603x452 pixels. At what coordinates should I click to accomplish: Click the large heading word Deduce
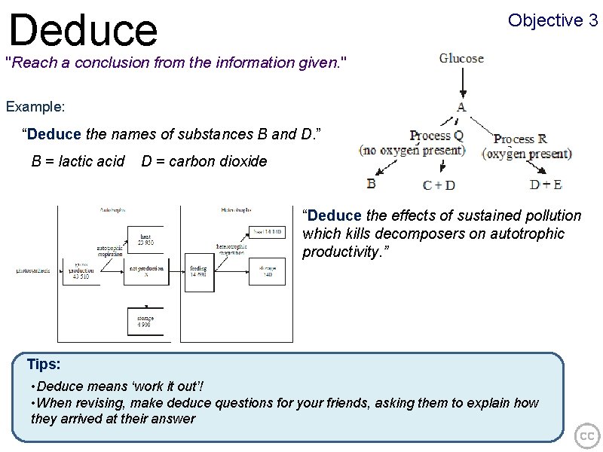(83, 29)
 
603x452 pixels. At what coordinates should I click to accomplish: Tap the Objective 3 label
(552, 20)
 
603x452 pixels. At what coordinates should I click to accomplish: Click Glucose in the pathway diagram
(461, 58)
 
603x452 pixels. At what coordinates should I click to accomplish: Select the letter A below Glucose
(461, 107)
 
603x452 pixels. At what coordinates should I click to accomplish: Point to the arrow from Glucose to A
(461, 83)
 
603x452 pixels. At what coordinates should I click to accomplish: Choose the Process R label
(519, 139)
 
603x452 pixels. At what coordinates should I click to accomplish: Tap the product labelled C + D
(439, 185)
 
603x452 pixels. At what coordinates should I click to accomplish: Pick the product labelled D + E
(546, 184)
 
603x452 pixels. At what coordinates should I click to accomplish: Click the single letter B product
(371, 182)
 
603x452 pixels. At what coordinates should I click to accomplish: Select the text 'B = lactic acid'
(78, 160)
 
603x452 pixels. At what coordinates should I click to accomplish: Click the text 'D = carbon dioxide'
(204, 160)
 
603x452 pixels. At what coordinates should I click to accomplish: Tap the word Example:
(35, 106)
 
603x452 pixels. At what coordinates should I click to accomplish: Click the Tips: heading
(43, 365)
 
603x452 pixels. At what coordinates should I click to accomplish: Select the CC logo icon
(586, 436)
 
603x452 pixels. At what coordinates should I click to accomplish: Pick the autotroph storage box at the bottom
(145, 322)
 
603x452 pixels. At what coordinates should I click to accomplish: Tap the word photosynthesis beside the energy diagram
(34, 271)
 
